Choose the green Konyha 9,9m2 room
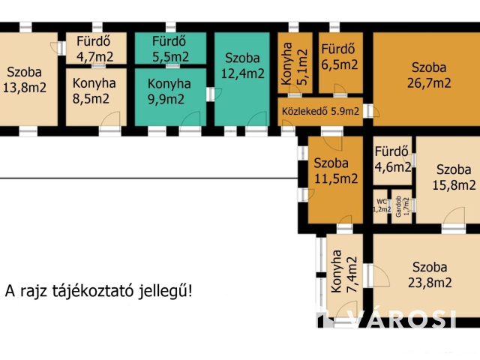pos(169,91)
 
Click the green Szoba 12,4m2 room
pos(243,65)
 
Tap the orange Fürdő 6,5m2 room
pos(340,57)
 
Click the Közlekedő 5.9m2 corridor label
pos(320,112)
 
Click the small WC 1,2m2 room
pos(382,205)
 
